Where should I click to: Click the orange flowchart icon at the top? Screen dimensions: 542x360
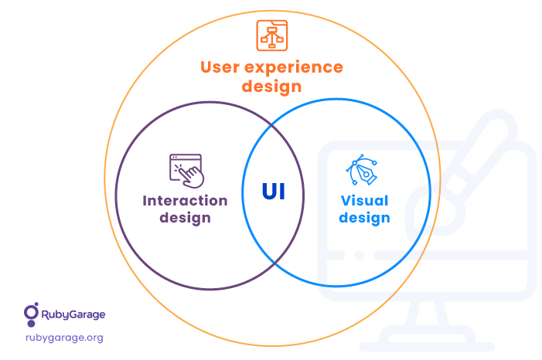point(271,36)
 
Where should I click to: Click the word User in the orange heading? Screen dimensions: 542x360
point(220,67)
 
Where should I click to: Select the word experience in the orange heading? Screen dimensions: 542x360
point(294,68)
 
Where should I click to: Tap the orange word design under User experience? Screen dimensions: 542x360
point(271,86)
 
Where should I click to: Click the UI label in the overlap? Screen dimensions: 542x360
point(274,192)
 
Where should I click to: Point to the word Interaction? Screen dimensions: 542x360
point(185,201)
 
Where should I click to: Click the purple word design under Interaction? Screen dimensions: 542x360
point(185,218)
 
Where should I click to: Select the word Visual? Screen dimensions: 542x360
point(365,201)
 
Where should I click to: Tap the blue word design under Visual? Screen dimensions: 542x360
point(364,218)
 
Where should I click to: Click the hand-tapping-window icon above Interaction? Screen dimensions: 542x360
point(186,171)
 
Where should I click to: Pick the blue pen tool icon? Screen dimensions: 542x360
point(362,170)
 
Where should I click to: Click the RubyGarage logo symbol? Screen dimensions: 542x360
point(31,314)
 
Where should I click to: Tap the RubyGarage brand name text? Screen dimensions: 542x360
point(73,314)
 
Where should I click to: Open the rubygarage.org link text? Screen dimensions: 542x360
point(64,338)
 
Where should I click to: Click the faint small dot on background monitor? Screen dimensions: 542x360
point(360,255)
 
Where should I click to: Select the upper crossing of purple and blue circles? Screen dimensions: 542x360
point(272,124)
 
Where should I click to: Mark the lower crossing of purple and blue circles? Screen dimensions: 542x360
point(274,263)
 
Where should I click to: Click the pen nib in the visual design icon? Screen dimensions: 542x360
point(366,174)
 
